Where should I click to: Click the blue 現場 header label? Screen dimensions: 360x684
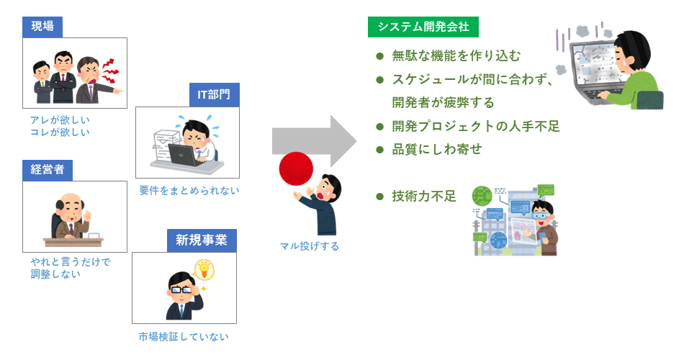pyautogui.click(x=42, y=27)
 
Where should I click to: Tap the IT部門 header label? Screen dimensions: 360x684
pyautogui.click(x=214, y=95)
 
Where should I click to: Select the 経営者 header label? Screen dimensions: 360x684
pyautogui.click(x=48, y=170)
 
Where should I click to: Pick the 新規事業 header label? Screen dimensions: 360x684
pyautogui.click(x=202, y=240)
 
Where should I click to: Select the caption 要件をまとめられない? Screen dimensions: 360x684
pyautogui.click(x=189, y=190)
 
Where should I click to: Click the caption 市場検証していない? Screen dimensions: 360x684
pyautogui.click(x=184, y=336)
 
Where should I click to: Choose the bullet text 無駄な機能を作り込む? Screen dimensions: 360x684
pyautogui.click(x=456, y=55)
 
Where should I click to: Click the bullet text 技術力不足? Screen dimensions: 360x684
pyautogui.click(x=424, y=196)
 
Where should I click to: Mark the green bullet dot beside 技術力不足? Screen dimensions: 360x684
pyautogui.click(x=380, y=196)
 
